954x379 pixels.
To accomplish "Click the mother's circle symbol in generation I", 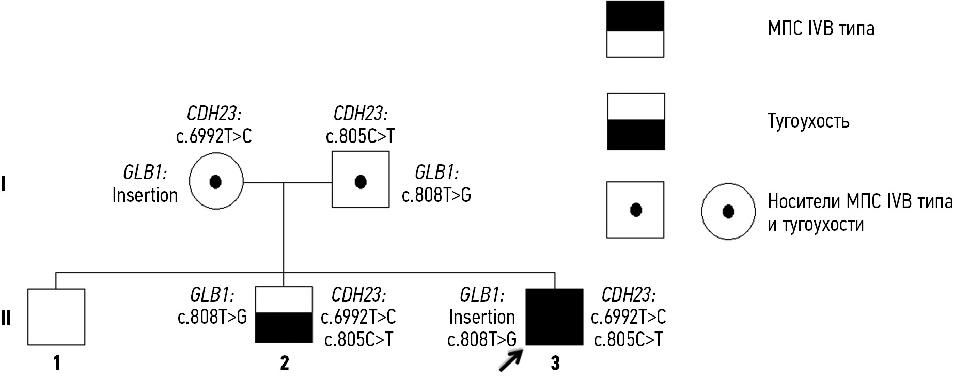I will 216,181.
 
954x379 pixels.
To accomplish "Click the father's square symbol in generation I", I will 361,180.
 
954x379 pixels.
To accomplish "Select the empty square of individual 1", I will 56,317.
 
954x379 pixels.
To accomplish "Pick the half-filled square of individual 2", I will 284,315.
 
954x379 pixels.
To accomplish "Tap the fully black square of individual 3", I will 554,317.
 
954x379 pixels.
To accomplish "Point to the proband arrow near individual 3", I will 510,359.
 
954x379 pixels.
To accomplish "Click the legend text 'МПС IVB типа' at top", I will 821,28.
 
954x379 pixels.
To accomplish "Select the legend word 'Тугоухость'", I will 808,121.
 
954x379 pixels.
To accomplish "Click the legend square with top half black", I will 635,29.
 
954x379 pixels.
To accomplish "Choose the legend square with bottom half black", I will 635,122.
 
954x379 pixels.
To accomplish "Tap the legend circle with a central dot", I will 728,211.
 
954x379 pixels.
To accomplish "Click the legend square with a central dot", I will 635,210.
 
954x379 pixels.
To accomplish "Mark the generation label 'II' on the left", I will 6,319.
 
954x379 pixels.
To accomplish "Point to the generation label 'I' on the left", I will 3,184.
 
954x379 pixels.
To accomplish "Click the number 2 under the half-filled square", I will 284,363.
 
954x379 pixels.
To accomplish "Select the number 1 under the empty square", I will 57,363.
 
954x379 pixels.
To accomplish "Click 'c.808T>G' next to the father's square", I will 436,195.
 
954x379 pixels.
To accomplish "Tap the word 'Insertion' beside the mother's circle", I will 145,195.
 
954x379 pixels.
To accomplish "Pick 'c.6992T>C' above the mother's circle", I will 214,136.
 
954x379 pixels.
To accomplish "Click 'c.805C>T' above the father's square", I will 360,136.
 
